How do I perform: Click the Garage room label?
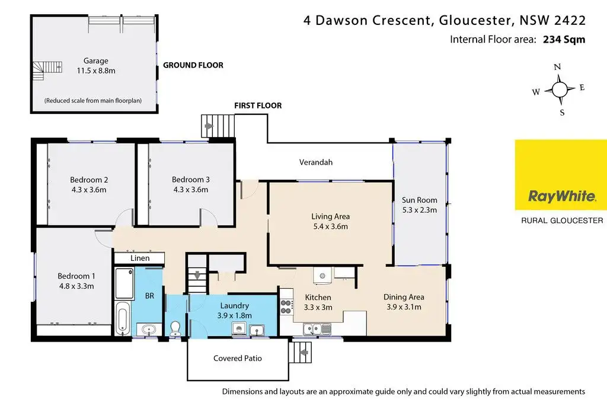96,61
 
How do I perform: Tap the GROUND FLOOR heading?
193,65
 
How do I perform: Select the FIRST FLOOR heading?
258,106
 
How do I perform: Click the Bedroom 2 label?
89,180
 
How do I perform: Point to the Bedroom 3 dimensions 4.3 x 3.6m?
191,190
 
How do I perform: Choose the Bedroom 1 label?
76,276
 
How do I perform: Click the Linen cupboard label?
140,259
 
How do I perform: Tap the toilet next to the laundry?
175,328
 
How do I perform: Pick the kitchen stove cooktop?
286,307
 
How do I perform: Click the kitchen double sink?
317,329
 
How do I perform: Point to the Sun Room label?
419,200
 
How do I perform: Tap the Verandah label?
316,162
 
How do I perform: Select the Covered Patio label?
238,358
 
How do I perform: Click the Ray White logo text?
562,196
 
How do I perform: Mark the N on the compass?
557,66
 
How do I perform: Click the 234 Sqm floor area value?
564,40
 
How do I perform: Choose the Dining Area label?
404,297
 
